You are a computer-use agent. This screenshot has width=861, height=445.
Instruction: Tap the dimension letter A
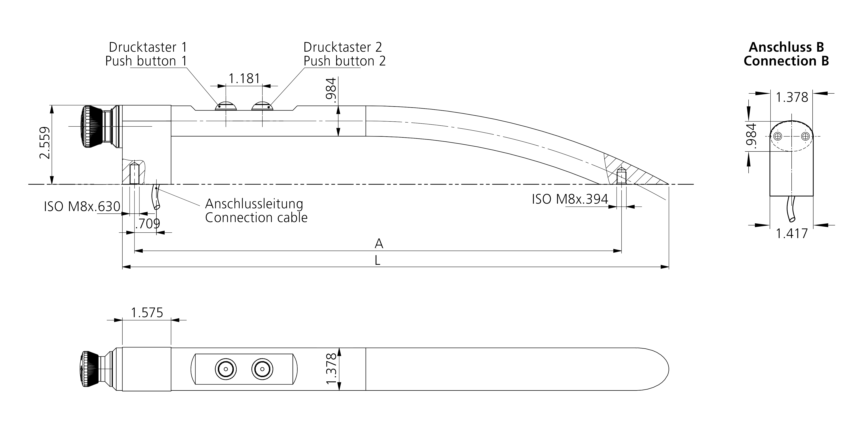[x=379, y=244]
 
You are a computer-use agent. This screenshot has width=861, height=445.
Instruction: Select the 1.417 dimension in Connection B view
[x=791, y=233]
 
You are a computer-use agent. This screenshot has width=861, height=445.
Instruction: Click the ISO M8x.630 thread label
[x=82, y=207]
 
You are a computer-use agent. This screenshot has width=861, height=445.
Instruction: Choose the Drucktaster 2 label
[x=343, y=47]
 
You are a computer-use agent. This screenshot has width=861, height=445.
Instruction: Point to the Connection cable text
[x=256, y=218]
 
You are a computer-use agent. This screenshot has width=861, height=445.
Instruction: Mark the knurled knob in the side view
[x=92, y=126]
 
